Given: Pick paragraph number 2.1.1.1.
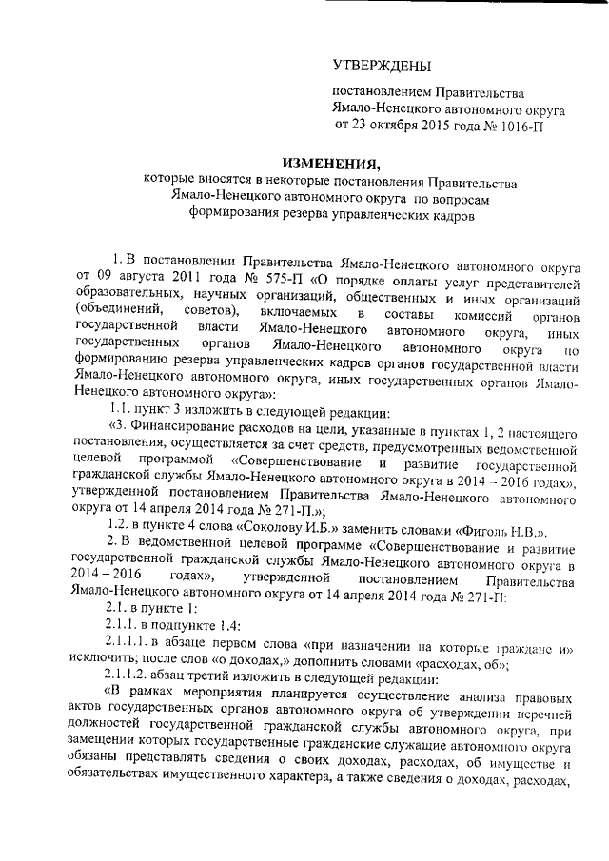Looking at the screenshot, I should [136, 646].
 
